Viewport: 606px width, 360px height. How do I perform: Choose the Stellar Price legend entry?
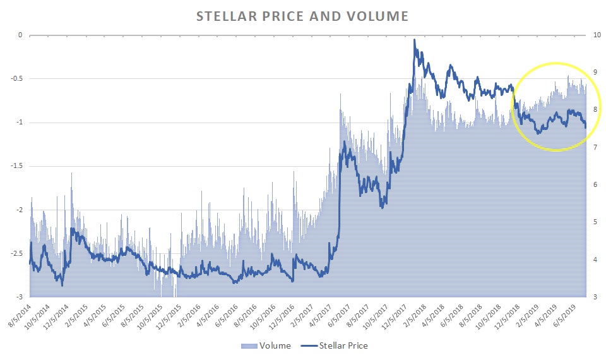coord(335,345)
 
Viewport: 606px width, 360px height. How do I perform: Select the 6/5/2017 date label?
coord(345,314)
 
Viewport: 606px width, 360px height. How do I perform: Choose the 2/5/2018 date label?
coord(418,314)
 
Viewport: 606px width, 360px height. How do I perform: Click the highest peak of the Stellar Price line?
coord(414,40)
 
